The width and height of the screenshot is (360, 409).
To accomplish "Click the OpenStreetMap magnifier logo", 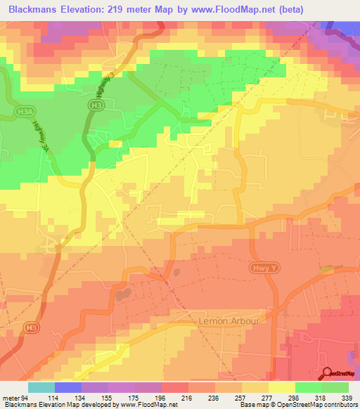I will coord(328,375).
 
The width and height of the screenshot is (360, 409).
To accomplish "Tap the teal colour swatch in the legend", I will coord(41,387).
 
